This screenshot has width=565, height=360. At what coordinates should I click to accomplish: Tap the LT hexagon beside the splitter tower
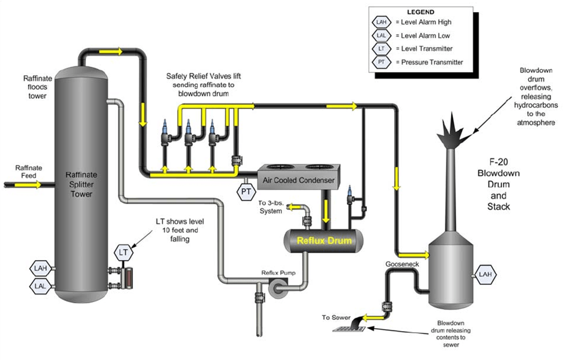(x=123, y=252)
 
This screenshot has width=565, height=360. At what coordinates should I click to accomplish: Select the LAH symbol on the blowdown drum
(x=485, y=275)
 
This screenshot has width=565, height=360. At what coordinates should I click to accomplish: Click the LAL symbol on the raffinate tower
(x=40, y=286)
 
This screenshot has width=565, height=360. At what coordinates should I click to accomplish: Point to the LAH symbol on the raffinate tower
(x=40, y=267)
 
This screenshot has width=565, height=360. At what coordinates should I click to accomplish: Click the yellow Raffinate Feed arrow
(x=32, y=185)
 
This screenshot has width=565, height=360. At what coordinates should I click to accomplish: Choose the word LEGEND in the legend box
(x=420, y=12)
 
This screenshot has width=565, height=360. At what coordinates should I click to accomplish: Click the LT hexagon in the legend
(x=381, y=49)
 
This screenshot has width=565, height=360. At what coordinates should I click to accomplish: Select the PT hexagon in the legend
(x=381, y=62)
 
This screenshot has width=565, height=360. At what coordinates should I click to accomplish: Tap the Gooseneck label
(x=399, y=264)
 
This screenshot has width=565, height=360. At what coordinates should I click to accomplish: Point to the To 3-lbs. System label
(x=271, y=206)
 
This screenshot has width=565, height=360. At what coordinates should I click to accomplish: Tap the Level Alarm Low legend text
(x=425, y=36)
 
